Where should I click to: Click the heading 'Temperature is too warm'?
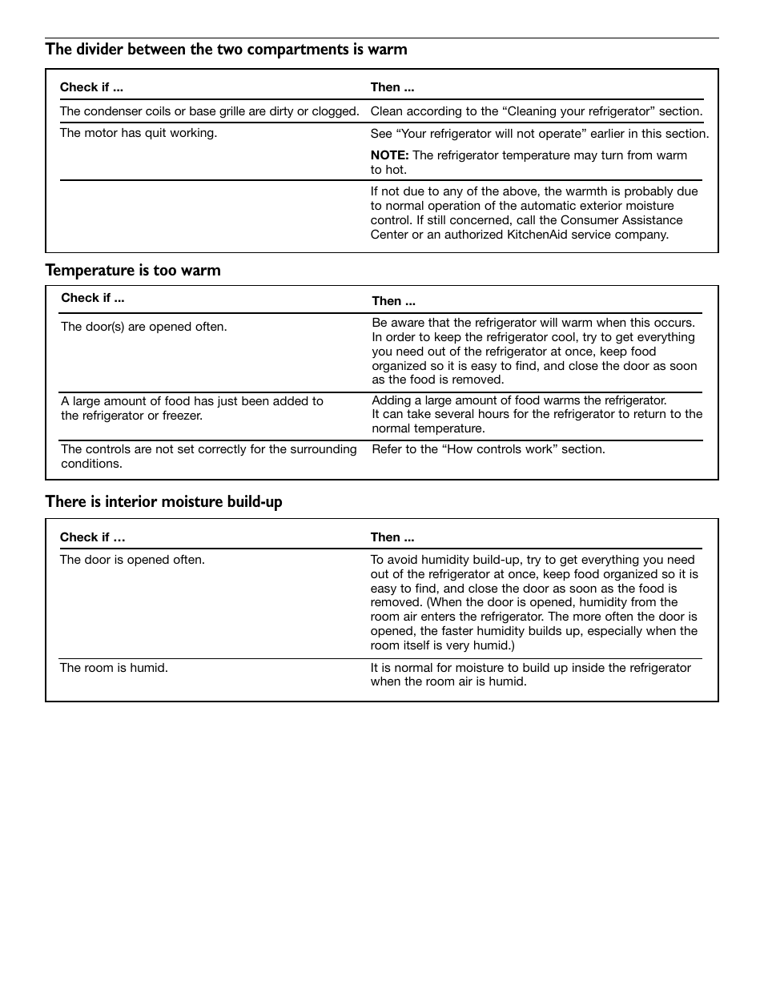pos(133,271)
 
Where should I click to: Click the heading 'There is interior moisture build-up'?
pos(163,502)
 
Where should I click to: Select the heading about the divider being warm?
pos(226,50)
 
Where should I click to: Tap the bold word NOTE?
pos(389,155)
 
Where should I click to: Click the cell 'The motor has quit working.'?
pos(138,133)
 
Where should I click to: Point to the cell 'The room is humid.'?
pos(114,668)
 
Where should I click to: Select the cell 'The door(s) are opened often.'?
pos(144,327)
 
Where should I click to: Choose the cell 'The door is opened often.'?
pos(132,560)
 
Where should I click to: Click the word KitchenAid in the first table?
pos(538,235)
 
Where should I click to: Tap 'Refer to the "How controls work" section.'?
pos(489,449)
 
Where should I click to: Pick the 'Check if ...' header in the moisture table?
pos(92,537)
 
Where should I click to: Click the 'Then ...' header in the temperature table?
pos(393,301)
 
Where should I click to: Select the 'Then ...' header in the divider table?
pos(392,87)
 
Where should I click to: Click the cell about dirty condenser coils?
pos(209,111)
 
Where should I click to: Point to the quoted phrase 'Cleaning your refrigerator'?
pos(578,111)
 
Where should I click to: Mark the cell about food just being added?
pos(192,408)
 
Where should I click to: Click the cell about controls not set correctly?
pos(209,456)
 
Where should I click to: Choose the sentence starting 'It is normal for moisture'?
pos(530,674)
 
